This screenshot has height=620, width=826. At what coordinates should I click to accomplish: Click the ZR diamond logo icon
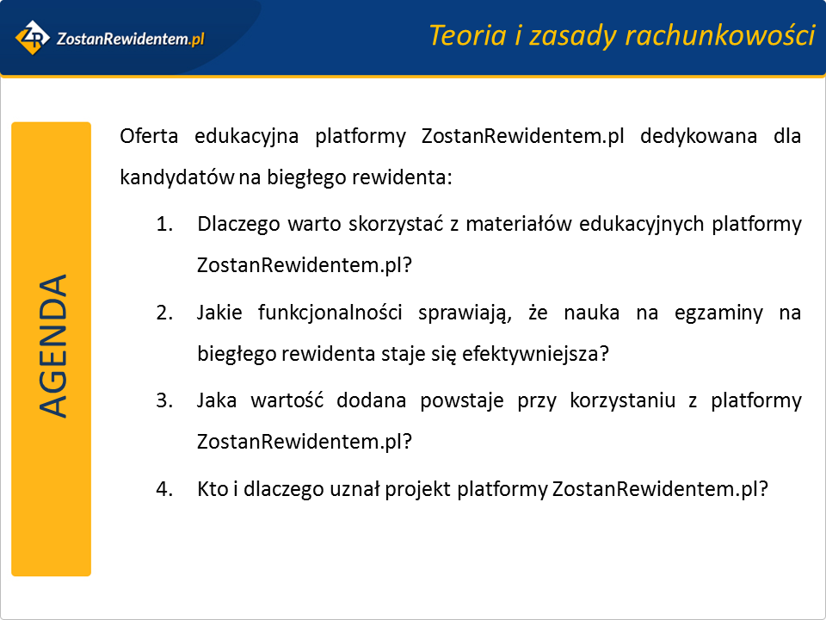click(32, 37)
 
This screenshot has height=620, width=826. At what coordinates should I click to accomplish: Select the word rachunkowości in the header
click(721, 35)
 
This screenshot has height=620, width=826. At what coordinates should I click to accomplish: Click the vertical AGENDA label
click(52, 346)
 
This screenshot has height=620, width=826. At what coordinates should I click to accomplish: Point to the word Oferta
click(149, 136)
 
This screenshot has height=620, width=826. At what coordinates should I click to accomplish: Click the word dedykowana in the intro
click(699, 136)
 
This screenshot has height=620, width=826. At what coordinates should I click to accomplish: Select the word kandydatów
click(177, 177)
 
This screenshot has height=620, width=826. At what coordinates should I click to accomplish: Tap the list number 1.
click(164, 224)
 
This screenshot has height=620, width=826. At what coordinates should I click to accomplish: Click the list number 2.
click(164, 313)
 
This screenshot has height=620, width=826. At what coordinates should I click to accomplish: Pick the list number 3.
click(164, 400)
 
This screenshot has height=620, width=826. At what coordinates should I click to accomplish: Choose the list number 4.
click(164, 489)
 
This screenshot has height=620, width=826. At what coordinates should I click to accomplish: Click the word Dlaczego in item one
click(238, 224)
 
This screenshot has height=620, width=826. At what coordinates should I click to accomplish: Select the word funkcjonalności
click(330, 313)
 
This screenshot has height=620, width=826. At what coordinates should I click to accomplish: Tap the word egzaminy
click(718, 313)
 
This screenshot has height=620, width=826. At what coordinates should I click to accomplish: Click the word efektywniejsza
click(535, 354)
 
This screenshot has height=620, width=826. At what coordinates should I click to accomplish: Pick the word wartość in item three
click(287, 400)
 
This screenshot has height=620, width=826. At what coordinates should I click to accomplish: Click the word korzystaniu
click(623, 400)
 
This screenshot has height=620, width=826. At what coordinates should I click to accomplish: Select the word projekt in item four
click(418, 489)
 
